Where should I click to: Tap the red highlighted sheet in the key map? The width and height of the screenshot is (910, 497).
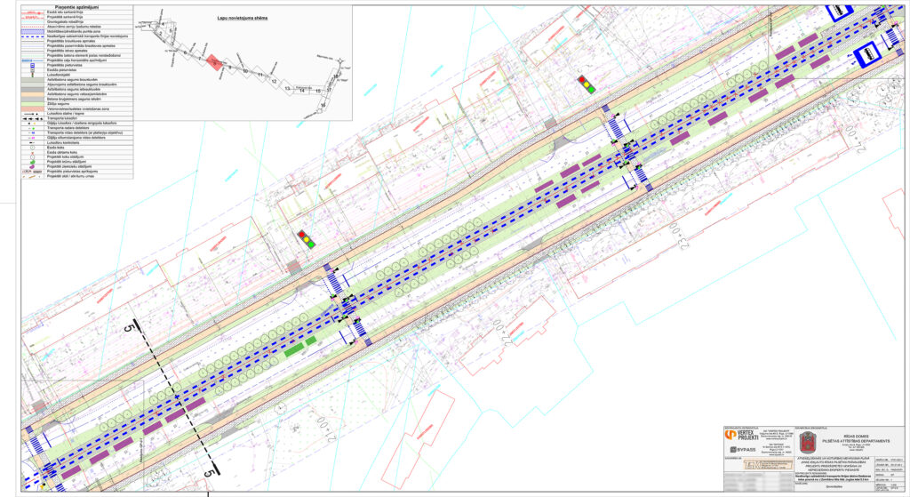[x=215, y=62]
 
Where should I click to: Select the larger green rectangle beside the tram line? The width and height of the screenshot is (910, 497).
[x=292, y=350]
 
